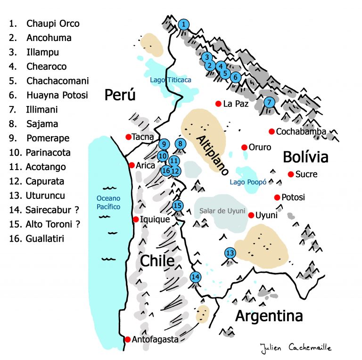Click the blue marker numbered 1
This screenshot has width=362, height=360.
click(x=184, y=24)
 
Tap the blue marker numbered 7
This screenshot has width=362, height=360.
click(x=269, y=102)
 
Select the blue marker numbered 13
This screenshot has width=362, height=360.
click(x=230, y=253)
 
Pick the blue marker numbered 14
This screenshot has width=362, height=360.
click(x=195, y=277)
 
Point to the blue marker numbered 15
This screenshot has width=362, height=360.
click(x=177, y=205)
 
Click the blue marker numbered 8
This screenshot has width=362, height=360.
click(x=180, y=144)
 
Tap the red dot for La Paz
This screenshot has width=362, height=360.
click(x=218, y=104)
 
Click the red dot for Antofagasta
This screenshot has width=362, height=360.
click(x=127, y=339)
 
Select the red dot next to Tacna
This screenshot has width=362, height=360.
click(x=128, y=137)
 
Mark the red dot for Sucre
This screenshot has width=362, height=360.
click(x=291, y=174)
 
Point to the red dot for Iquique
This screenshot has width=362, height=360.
click(x=136, y=220)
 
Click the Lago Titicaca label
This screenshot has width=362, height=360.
click(x=171, y=80)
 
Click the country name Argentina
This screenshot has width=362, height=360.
click(x=269, y=315)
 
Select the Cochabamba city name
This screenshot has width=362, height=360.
click(x=301, y=131)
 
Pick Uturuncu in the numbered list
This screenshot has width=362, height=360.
click(x=46, y=196)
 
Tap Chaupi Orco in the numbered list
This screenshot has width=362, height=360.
click(x=53, y=24)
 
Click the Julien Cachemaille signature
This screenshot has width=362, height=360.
click(x=296, y=348)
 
